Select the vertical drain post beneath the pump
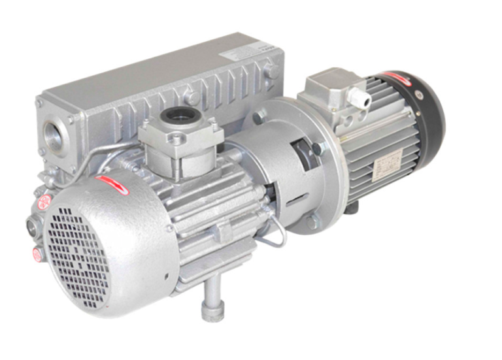[x=211, y=301]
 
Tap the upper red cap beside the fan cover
[x=44, y=203]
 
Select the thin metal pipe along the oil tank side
[x=98, y=157]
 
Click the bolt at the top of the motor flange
[x=261, y=118]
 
